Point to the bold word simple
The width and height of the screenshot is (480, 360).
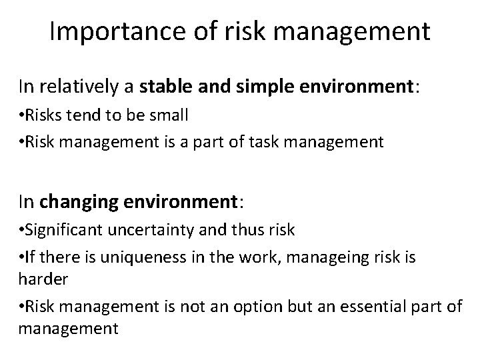pos(249,86)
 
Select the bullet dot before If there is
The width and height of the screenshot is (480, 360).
pos(22,257)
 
